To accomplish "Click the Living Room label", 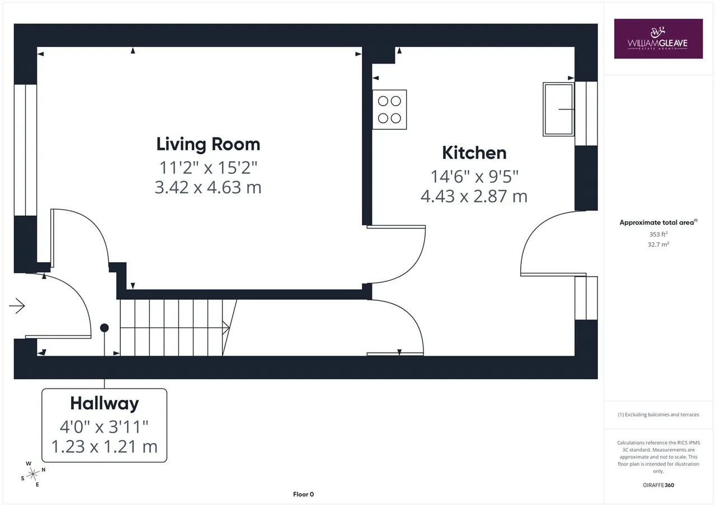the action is click(208, 144).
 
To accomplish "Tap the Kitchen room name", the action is click(474, 153).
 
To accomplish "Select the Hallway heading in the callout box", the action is click(105, 404).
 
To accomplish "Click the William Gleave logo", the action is click(658, 39).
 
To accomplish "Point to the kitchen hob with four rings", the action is click(389, 110).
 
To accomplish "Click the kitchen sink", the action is click(558, 109).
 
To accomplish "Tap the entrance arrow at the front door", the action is click(17, 306).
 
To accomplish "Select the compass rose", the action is click(32, 474).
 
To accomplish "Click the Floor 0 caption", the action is click(303, 494).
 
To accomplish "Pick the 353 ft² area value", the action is click(658, 234).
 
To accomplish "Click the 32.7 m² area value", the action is click(658, 244).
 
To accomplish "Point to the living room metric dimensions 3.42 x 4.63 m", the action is click(208, 187).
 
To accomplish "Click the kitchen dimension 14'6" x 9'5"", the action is click(474, 176).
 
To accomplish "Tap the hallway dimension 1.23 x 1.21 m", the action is click(105, 447).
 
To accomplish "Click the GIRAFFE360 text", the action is click(658, 485).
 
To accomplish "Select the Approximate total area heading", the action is click(658, 223).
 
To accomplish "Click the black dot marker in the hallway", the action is click(104, 328).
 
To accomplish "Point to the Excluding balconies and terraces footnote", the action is click(658, 415).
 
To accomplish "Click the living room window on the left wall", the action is click(25, 150).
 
